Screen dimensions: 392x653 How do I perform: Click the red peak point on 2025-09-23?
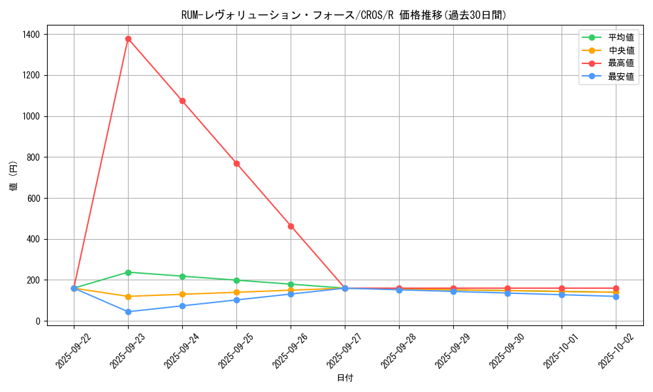128,39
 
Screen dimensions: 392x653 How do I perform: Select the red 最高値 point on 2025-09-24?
182,101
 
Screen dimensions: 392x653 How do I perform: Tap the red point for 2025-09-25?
236,163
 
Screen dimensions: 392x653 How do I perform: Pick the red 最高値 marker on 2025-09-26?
291,226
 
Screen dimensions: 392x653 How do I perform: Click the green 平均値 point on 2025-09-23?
128,272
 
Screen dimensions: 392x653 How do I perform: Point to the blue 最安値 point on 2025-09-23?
128,312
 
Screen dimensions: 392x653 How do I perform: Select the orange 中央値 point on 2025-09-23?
128,297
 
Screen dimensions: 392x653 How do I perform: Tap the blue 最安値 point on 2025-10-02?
616,297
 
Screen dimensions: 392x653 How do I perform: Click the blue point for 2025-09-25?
236,300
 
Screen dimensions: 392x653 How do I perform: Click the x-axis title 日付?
345,378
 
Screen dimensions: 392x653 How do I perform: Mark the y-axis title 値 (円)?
13,177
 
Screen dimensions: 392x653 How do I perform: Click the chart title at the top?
344,15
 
